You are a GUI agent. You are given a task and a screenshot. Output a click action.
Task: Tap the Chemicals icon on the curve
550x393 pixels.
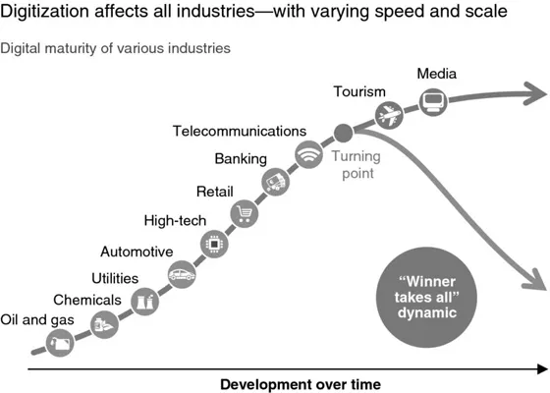pyautogui.click(x=104, y=323)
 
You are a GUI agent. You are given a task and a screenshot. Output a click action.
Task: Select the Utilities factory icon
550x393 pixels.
pyautogui.click(x=144, y=301)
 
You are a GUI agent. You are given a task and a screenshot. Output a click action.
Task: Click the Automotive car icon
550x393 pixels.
pyautogui.click(x=182, y=274)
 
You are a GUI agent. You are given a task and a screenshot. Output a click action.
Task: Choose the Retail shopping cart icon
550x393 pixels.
pyautogui.click(x=244, y=213)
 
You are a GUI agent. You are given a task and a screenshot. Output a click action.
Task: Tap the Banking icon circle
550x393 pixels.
pyautogui.click(x=276, y=181)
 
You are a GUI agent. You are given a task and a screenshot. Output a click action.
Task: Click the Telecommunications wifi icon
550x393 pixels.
pyautogui.click(x=309, y=153)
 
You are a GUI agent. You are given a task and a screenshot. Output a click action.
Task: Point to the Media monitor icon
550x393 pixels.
pyautogui.click(x=433, y=100)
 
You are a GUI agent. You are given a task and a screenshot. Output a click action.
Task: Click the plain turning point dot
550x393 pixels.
pyautogui.click(x=344, y=133)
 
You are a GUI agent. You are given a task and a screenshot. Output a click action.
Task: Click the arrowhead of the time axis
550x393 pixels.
pyautogui.click(x=539, y=368)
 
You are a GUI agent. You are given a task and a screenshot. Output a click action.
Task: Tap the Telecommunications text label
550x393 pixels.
pyautogui.click(x=240, y=130)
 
